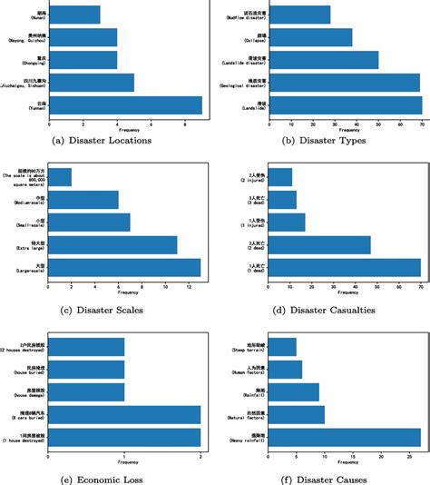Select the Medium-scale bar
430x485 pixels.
coord(93,200)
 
